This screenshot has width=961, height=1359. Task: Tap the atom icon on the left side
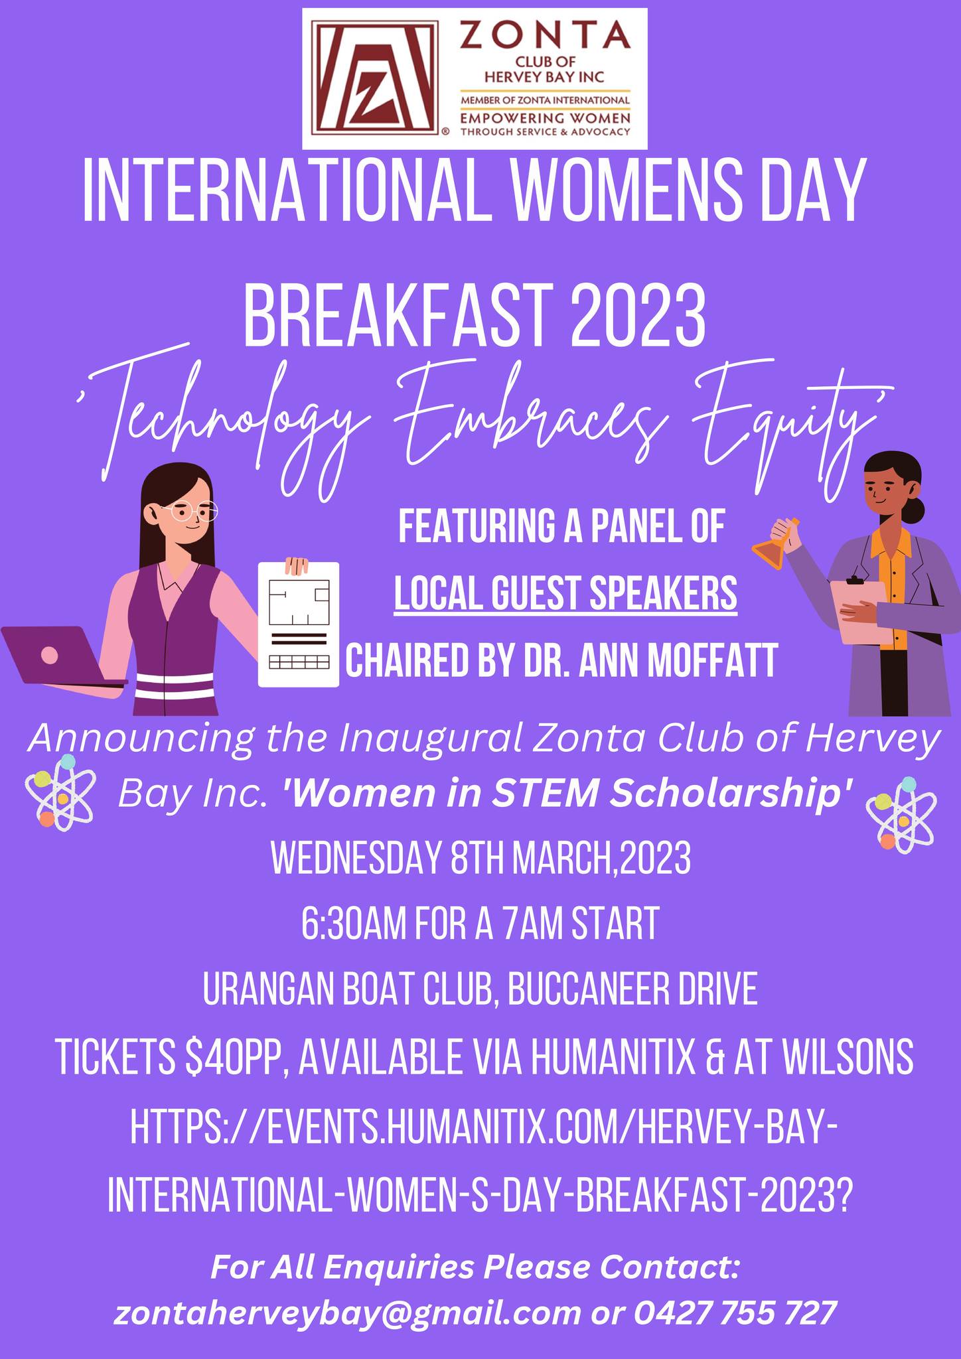coord(59,793)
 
